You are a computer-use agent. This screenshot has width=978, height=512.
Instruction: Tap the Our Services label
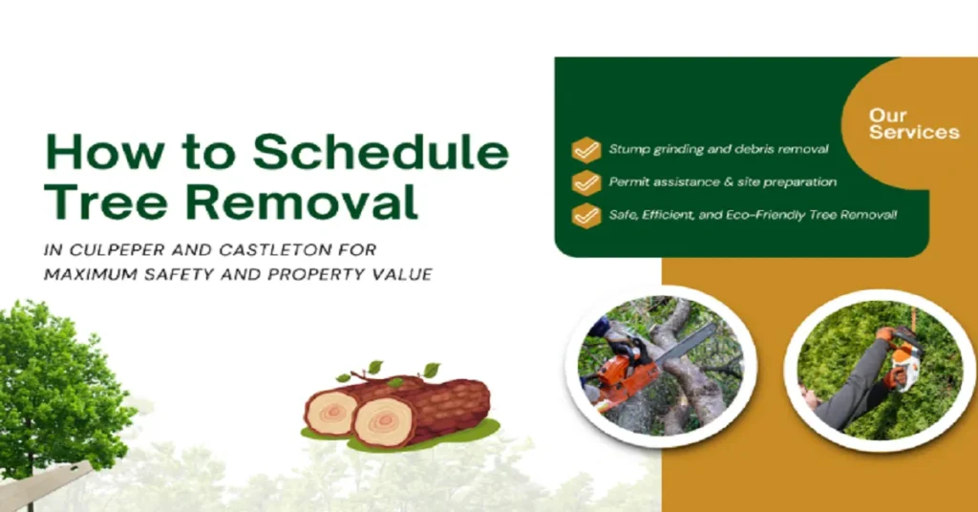click(913, 124)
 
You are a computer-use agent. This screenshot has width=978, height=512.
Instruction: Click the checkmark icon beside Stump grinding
click(585, 150)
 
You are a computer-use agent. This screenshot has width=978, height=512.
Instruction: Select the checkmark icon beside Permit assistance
click(585, 182)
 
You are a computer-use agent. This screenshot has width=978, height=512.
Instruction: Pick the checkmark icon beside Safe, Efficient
click(585, 215)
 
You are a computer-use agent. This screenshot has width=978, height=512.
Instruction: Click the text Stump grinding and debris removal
click(718, 150)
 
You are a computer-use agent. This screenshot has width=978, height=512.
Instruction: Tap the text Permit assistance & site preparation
click(722, 182)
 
